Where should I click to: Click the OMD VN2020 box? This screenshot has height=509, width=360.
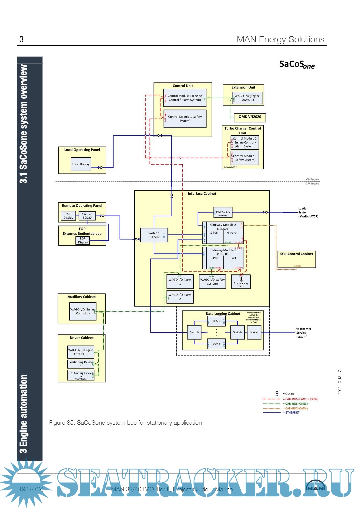[250, 117]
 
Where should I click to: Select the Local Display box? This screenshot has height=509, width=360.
[81, 164]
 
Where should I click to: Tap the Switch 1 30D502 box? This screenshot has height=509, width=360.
[154, 235]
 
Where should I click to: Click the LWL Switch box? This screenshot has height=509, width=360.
[223, 212]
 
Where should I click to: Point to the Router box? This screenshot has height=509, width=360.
[254, 332]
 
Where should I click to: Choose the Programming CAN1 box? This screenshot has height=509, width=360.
[241, 282]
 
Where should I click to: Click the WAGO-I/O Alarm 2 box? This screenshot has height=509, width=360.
[180, 297]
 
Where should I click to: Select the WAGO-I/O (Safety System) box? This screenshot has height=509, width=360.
[212, 282]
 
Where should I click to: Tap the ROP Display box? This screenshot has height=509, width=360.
[68, 216]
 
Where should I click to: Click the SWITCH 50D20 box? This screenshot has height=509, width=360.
[87, 216]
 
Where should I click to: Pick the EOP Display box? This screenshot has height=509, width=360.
[83, 240]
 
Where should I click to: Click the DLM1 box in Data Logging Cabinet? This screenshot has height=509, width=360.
[216, 321]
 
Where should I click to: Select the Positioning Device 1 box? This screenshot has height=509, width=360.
[81, 364]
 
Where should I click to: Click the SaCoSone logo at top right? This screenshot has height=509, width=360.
[297, 64]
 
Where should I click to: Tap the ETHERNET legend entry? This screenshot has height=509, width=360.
[292, 413]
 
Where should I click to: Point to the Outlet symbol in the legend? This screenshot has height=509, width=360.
[277, 394]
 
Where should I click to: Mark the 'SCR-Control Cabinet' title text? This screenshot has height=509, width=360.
[297, 254]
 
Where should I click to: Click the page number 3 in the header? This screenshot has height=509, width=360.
[21, 39]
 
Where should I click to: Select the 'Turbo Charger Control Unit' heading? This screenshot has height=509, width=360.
[243, 130]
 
